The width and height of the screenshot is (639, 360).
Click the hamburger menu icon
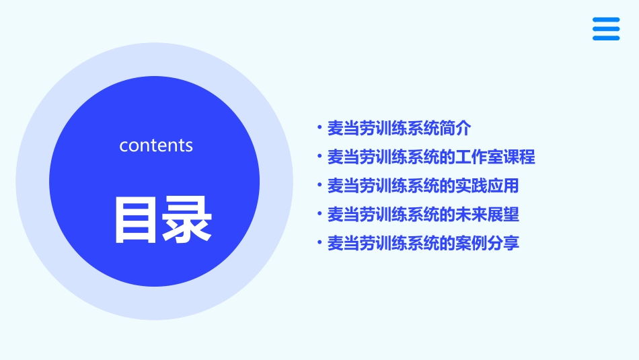pyautogui.click(x=606, y=29)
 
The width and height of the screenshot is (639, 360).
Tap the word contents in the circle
pyautogui.click(x=156, y=145)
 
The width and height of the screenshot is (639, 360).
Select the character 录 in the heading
pyautogui.click(x=188, y=219)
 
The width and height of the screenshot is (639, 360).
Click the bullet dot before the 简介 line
pyautogui.click(x=319, y=127)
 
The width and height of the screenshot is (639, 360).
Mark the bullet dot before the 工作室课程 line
pyautogui.click(x=319, y=157)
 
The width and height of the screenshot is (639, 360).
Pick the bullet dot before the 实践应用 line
pyautogui.click(x=319, y=186)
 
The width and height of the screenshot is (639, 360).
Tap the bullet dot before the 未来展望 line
pyautogui.click(x=319, y=215)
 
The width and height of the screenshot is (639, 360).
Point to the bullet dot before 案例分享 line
pyautogui.click(x=319, y=243)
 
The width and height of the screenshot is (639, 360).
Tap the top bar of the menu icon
pyautogui.click(x=606, y=20)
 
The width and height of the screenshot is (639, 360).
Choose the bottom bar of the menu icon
pyautogui.click(x=606, y=38)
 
